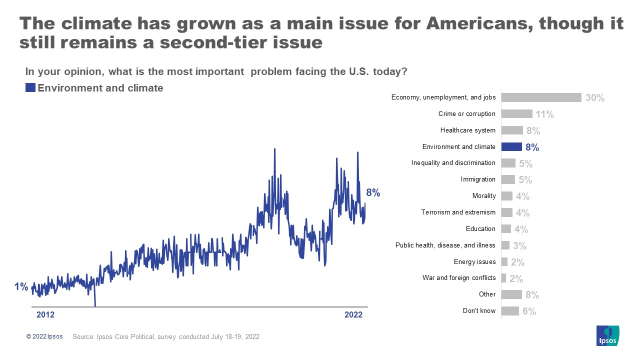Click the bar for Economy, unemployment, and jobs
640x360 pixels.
[541, 97]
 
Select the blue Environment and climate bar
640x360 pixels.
[511, 147]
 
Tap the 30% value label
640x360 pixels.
[595, 98]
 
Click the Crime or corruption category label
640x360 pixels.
[466, 114]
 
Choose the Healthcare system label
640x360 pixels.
[467, 130]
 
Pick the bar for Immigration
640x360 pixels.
[508, 179]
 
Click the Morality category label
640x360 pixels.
[483, 196]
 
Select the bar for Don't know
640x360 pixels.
[510, 311]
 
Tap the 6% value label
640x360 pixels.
[529, 311]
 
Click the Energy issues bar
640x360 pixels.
[504, 262]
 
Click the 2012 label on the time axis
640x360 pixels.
[45, 315]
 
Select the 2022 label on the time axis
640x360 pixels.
[353, 315]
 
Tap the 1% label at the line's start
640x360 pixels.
[21, 287]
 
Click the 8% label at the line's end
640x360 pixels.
[373, 193]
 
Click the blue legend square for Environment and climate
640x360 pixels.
[30, 88]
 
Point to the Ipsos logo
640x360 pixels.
[607, 335]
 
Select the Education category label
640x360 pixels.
[480, 229]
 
